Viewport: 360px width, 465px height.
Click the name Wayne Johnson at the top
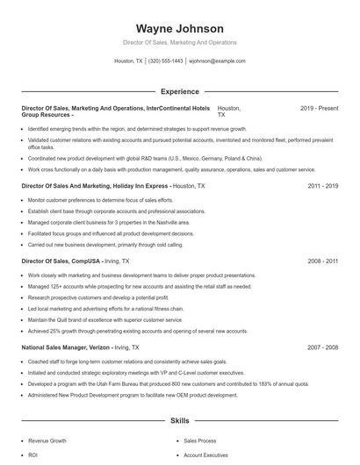click(x=180, y=29)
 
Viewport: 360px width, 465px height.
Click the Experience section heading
click(x=180, y=90)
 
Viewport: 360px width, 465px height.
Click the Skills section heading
click(x=180, y=422)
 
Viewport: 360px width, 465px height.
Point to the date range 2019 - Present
click(x=320, y=108)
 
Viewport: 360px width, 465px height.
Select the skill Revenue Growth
click(x=47, y=443)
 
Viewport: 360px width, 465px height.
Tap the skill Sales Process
click(x=199, y=443)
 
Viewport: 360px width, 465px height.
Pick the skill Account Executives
click(x=206, y=455)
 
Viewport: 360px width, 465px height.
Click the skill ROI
click(x=33, y=455)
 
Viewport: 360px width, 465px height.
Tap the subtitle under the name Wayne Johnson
click(x=180, y=43)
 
